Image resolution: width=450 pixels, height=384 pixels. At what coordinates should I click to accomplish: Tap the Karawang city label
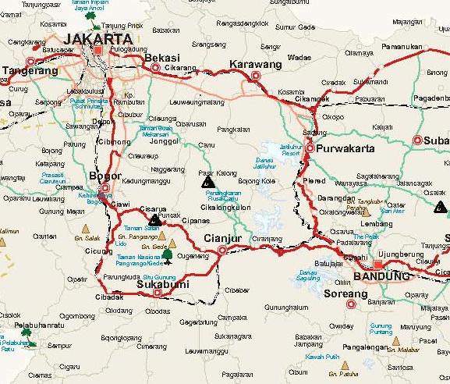tap(255, 64)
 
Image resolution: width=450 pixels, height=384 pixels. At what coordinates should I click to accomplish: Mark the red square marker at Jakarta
tap(99, 52)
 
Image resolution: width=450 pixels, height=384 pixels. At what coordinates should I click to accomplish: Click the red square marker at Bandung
tap(377, 265)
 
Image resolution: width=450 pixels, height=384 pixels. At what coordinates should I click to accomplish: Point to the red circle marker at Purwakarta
tap(310, 148)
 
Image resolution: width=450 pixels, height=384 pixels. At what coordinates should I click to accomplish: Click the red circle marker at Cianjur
tap(222, 251)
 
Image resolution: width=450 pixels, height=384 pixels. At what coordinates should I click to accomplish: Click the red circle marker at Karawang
tap(255, 76)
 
